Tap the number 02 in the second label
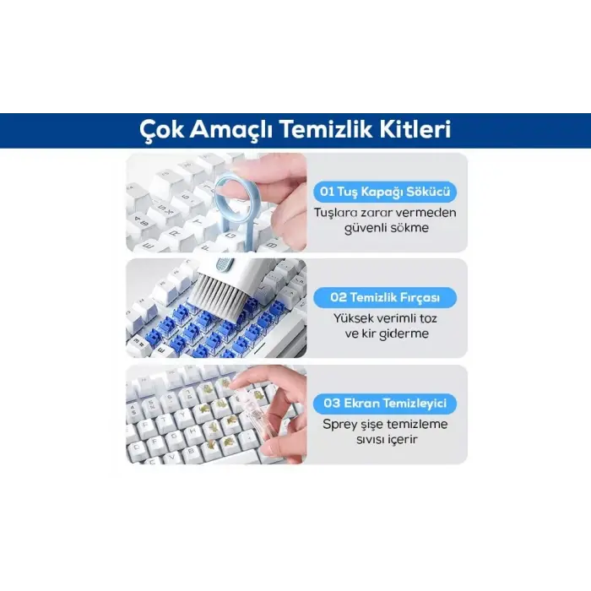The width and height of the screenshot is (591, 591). (x=328, y=297)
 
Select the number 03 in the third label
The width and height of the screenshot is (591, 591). (x=328, y=403)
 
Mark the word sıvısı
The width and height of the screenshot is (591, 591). (x=359, y=440)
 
